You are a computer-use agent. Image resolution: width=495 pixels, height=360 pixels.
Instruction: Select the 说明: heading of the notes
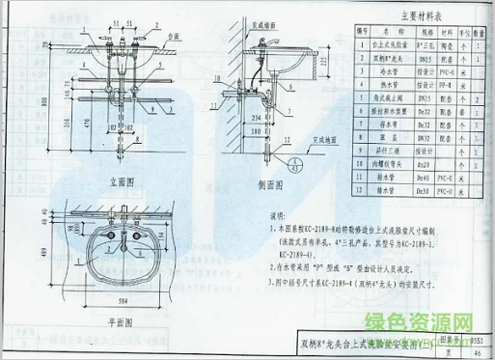(279, 218)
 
